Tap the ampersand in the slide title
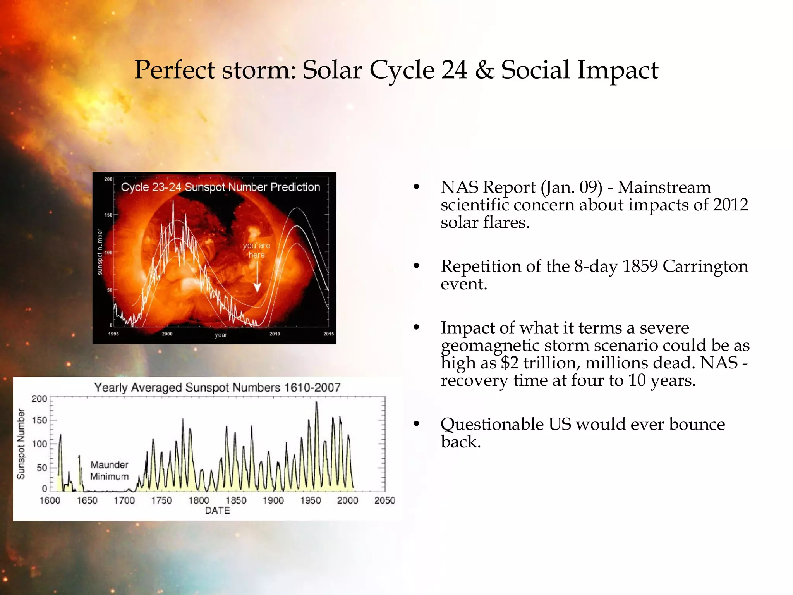tap(484, 70)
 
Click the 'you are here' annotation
tap(256, 250)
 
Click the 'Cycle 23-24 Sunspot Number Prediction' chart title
tap(220, 187)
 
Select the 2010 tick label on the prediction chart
tap(275, 334)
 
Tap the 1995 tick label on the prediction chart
tap(113, 334)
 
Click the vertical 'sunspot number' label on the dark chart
tap(100, 252)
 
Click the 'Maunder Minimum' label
tap(109, 470)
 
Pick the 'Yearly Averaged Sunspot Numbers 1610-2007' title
tap(217, 387)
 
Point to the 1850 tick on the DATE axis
tap(236, 500)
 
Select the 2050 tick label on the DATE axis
tap(384, 500)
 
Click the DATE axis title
tap(217, 511)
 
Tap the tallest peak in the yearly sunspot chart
tap(316, 403)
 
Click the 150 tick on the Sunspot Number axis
tap(39, 420)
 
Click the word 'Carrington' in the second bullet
tap(705, 267)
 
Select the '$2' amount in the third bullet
tap(509, 363)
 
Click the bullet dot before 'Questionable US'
tap(416, 424)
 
